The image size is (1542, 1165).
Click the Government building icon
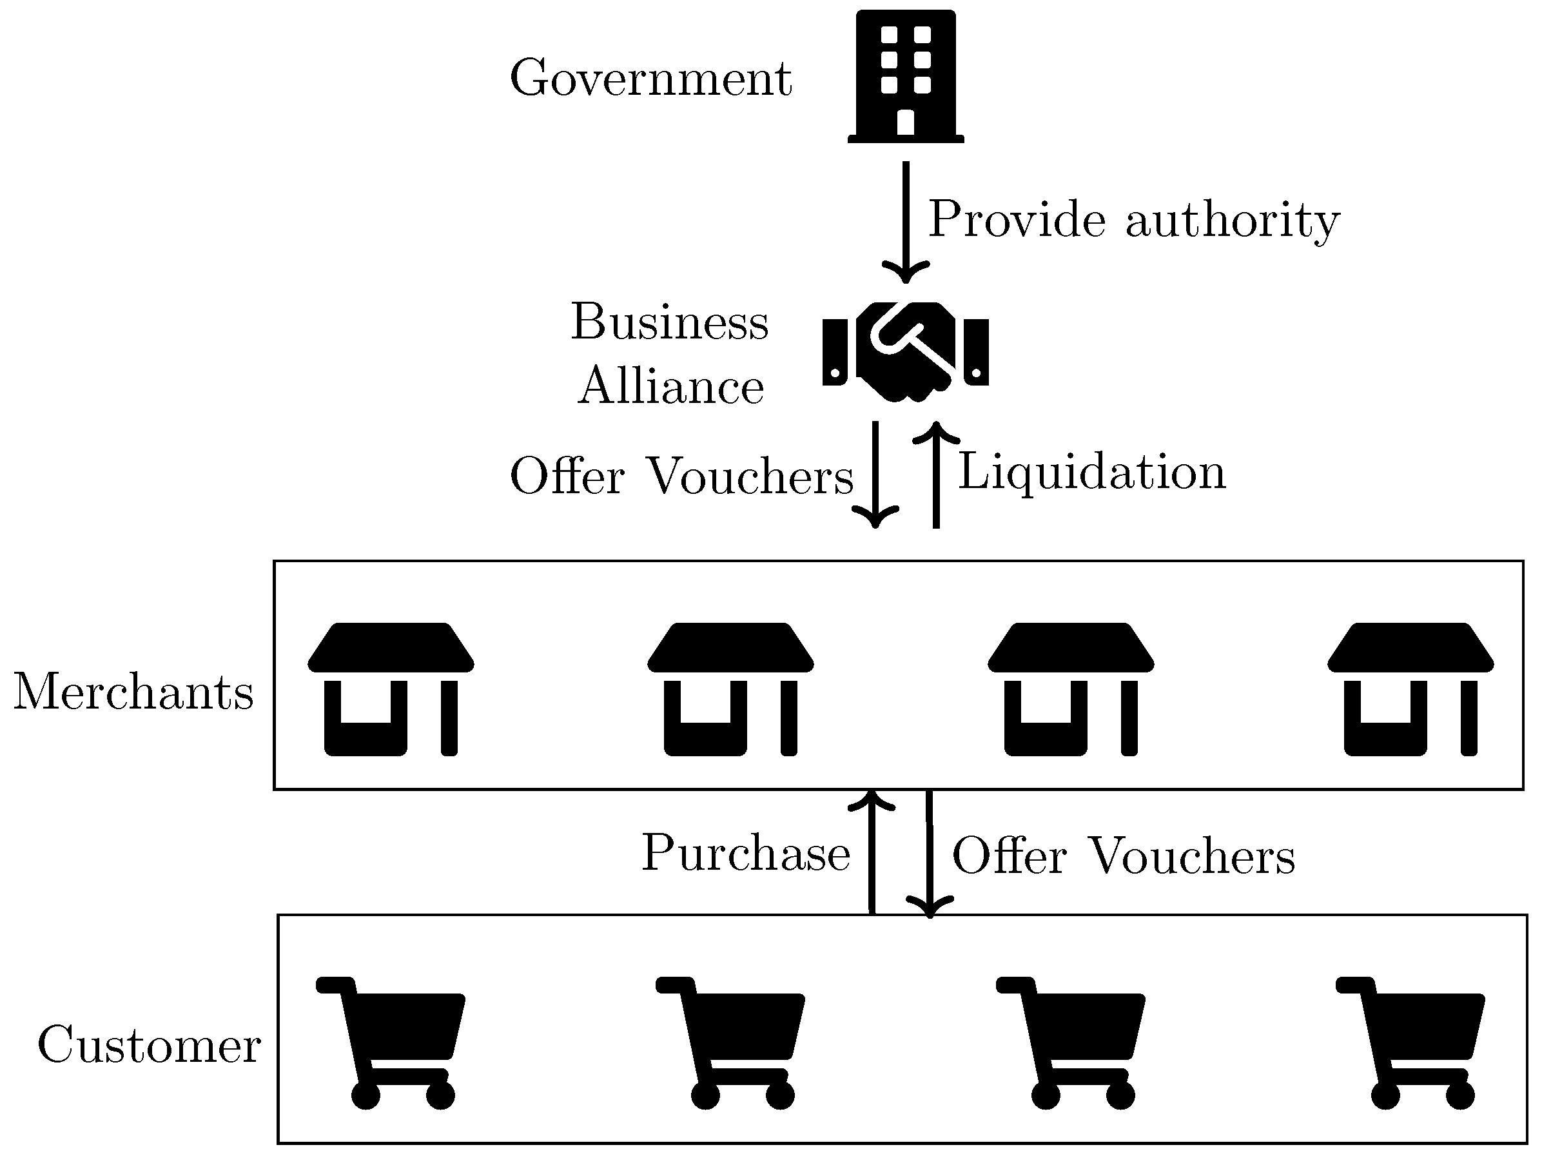point(906,77)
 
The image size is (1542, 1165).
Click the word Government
point(650,78)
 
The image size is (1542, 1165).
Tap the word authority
point(1232,220)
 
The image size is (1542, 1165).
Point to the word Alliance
point(670,386)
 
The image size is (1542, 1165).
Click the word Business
point(669,322)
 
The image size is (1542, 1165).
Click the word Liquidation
point(1091,473)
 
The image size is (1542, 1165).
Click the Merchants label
point(134,692)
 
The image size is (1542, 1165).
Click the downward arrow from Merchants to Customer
point(929,854)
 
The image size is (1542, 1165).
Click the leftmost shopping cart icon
point(391,1042)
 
